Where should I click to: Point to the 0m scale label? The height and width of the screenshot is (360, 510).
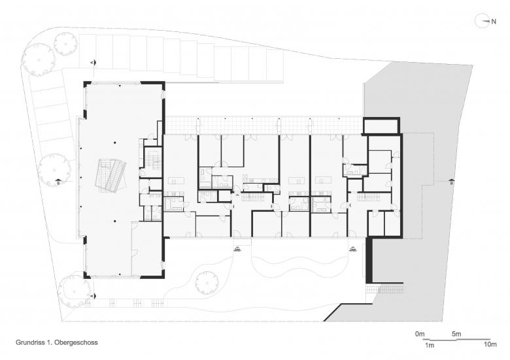pos(420,334)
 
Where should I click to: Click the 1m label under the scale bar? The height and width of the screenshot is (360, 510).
pos(430,344)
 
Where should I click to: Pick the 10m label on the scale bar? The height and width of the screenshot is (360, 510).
pos(490,344)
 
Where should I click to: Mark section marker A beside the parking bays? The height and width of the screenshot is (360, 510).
pos(93,62)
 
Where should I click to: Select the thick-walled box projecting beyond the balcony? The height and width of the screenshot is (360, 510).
pos(380,125)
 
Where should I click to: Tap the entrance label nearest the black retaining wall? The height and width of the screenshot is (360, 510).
pos(354,249)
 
